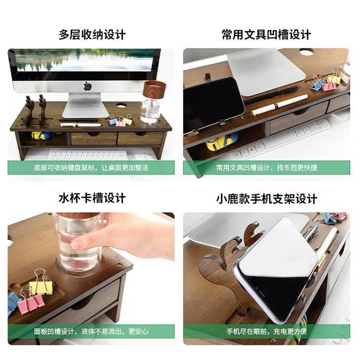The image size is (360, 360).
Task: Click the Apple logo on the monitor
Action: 87,86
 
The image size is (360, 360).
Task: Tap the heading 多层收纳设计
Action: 92,35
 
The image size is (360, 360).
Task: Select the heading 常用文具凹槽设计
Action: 266,35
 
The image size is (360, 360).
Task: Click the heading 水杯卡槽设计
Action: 92,198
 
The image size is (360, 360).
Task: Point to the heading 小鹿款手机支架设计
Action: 266,199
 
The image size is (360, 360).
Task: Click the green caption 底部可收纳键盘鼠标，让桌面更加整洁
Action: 91,168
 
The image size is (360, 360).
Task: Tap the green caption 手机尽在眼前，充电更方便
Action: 266,331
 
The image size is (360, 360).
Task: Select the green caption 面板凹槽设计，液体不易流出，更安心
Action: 91,331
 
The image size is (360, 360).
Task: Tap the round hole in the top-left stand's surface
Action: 121,106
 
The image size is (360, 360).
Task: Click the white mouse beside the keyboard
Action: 144,156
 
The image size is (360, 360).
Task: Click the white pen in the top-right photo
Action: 280,105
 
